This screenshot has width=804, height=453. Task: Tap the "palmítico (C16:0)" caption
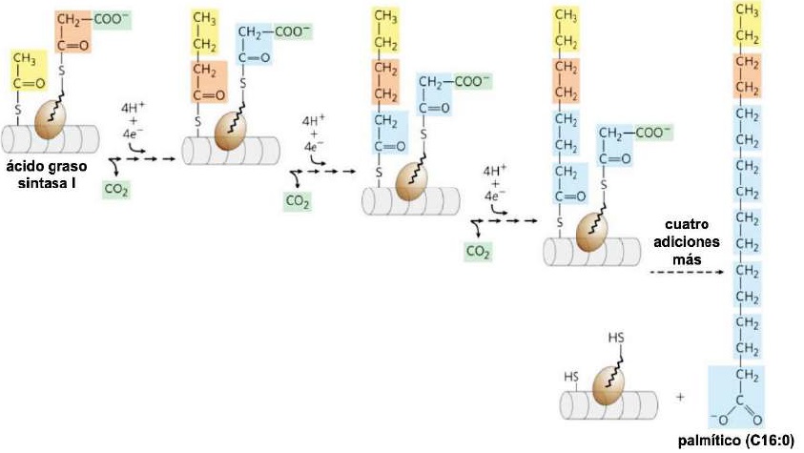pos(746,440)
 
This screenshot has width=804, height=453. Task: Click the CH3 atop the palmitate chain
pos(750,11)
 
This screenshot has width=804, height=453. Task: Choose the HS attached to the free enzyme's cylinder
pos(570,375)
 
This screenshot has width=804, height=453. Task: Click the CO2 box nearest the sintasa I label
pos(116,190)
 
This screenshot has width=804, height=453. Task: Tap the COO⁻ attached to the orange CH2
pos(110,19)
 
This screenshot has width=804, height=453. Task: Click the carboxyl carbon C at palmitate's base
pos(741,400)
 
